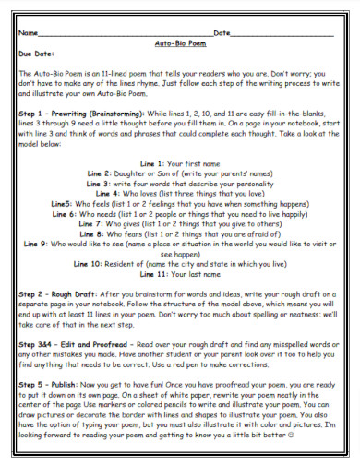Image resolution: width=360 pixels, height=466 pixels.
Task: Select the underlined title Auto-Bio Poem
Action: point(179,43)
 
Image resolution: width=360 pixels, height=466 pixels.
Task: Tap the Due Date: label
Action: point(37,54)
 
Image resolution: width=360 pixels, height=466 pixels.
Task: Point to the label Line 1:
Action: point(150,162)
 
